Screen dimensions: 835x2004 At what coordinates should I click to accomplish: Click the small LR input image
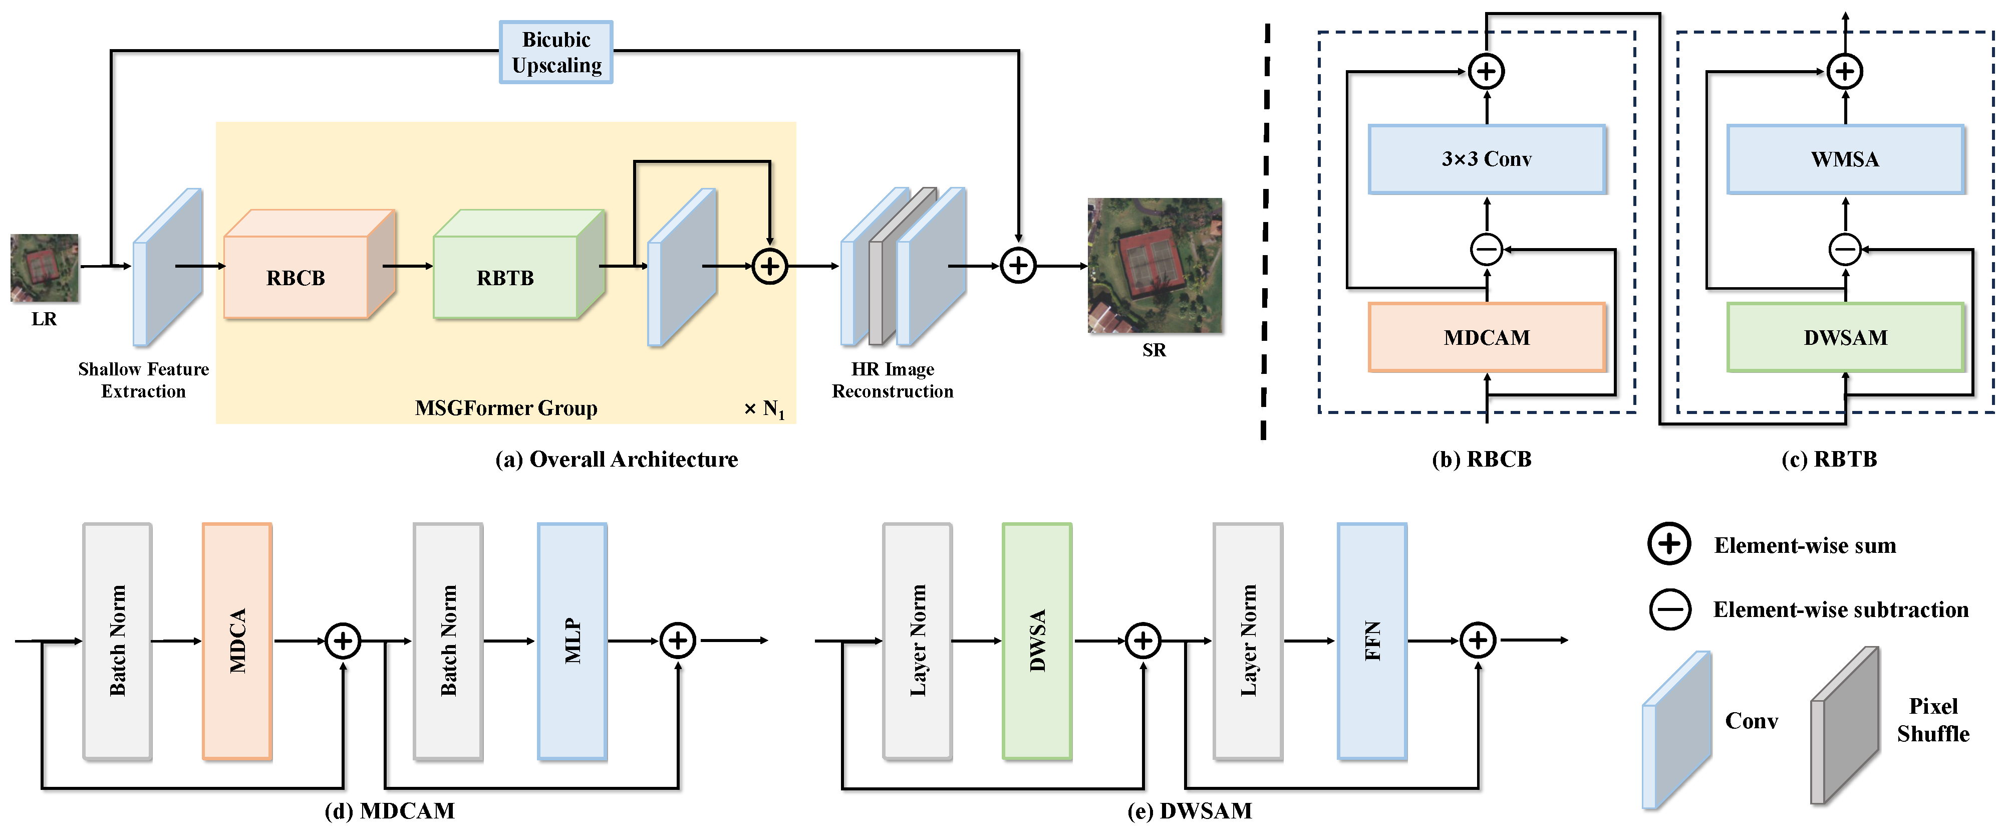pos(45,268)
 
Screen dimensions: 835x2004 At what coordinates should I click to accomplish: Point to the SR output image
pos(1155,265)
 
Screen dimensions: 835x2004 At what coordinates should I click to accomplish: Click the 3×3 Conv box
pos(1486,159)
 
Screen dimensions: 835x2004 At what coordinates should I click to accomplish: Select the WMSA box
pos(1845,159)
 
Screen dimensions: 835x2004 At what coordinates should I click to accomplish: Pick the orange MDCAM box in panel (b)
pos(1486,337)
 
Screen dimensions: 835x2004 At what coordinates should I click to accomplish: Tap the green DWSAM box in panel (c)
pos(1845,337)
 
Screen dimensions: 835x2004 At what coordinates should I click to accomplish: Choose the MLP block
pos(572,641)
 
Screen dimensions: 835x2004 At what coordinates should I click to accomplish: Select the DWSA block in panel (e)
pos(1037,641)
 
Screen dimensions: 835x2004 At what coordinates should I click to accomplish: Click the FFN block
pos(1371,641)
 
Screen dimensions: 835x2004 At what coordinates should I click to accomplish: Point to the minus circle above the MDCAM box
pos(1486,250)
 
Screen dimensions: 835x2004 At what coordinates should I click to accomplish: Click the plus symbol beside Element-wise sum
pos(1669,544)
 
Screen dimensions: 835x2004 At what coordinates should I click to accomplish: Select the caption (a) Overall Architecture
pos(616,459)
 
